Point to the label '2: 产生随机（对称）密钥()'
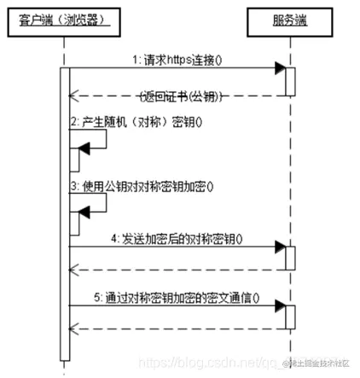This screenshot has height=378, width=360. click(x=136, y=123)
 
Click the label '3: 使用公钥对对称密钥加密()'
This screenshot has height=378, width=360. click(x=142, y=183)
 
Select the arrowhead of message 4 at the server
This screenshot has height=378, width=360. click(x=278, y=248)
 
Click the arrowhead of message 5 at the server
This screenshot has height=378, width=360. click(x=278, y=309)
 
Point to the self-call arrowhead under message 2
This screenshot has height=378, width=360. click(x=84, y=154)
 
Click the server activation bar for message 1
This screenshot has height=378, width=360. click(x=290, y=81)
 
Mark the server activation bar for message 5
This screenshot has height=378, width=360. click(x=290, y=317)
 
